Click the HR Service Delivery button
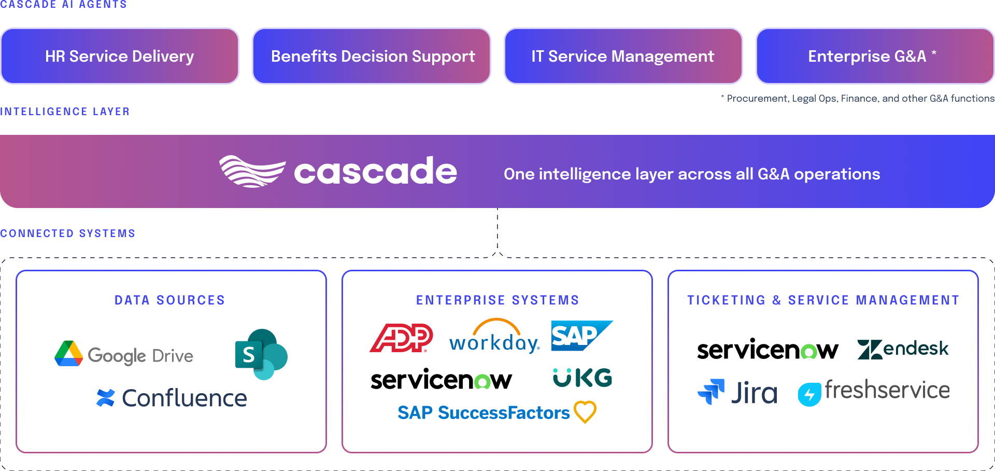click(x=120, y=56)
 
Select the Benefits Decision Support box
click(x=372, y=56)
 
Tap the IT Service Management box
click(x=623, y=56)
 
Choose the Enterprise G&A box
click(x=875, y=56)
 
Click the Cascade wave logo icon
click(x=252, y=171)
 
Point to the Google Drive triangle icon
click(x=69, y=354)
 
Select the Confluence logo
click(x=172, y=398)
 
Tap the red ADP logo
click(x=401, y=338)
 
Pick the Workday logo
click(x=494, y=337)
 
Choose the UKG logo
click(x=582, y=378)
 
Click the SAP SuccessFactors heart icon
click(x=585, y=412)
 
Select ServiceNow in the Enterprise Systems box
click(x=441, y=380)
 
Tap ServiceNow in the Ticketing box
click(x=767, y=350)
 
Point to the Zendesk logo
click(x=903, y=349)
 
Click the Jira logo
click(x=737, y=392)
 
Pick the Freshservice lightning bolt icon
click(x=809, y=395)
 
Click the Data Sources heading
click(x=170, y=300)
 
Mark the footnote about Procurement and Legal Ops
click(x=858, y=99)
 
